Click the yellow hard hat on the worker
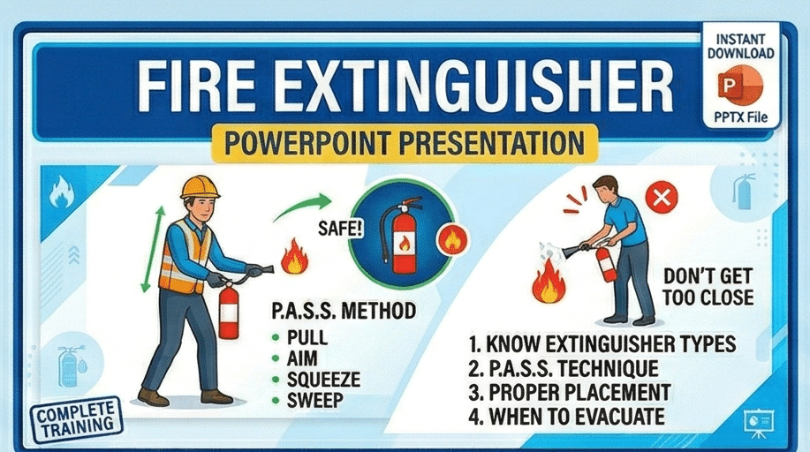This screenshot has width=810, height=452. click(200, 187)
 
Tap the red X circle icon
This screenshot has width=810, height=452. click(662, 198)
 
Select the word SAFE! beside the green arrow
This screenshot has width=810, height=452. click(340, 228)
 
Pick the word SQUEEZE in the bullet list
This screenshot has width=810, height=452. click(323, 380)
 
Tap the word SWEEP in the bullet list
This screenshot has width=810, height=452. click(314, 400)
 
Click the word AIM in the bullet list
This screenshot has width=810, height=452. click(302, 359)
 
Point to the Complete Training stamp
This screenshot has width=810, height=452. click(77, 418)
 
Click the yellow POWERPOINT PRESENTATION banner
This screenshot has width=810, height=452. click(405, 142)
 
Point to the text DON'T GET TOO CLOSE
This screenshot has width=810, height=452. click(708, 287)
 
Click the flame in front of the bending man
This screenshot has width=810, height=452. click(549, 281)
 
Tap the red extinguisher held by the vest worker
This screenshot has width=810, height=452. click(229, 311)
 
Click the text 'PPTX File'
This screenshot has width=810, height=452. click(741, 117)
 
